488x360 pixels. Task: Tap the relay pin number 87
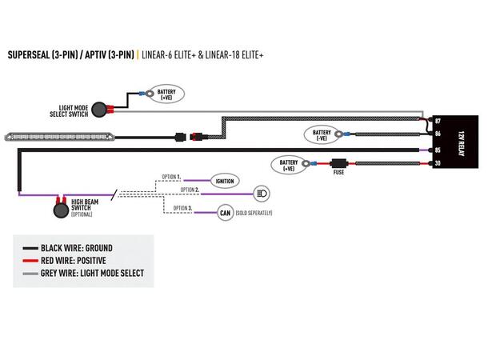(437, 121)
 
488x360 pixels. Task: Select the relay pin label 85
(437, 150)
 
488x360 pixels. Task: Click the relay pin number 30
(437, 165)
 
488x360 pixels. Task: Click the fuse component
(337, 165)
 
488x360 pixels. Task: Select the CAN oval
(226, 213)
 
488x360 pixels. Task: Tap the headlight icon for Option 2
(262, 194)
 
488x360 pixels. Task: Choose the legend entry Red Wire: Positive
(73, 261)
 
